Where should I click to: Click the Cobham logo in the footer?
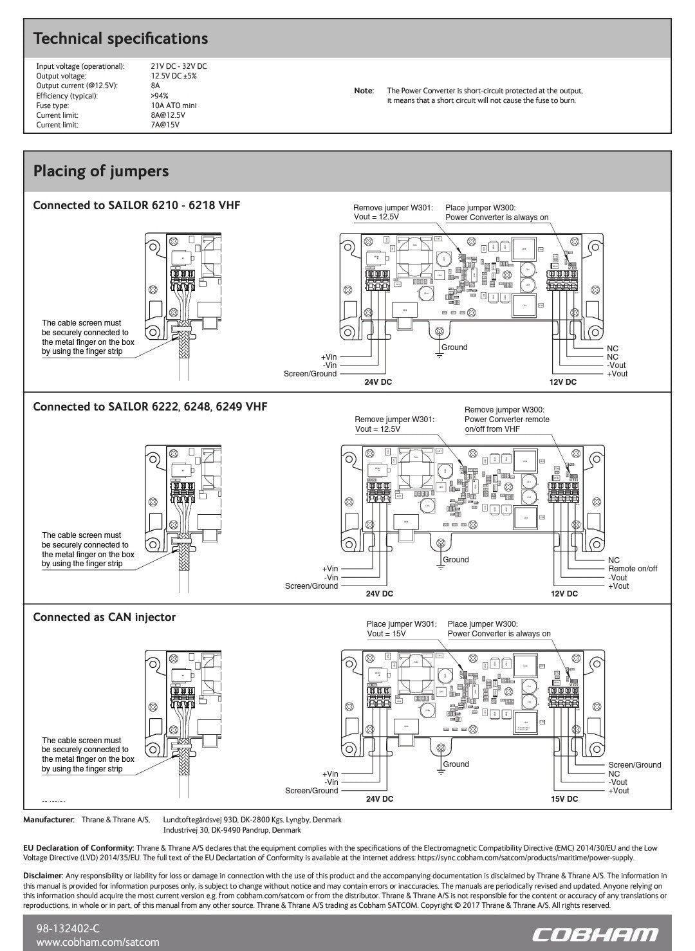(x=596, y=934)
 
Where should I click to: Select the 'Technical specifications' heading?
(x=120, y=39)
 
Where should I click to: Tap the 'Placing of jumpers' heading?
(x=101, y=171)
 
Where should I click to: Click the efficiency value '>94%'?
(x=160, y=96)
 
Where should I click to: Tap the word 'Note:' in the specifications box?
(x=364, y=91)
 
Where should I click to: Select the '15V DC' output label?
(x=564, y=799)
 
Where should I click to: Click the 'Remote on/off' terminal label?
(x=633, y=569)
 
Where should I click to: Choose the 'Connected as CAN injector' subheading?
(x=104, y=617)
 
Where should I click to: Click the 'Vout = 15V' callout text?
(x=387, y=634)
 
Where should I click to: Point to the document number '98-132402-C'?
(x=69, y=928)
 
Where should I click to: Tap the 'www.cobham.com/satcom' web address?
(x=98, y=942)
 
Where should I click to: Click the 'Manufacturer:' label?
(x=49, y=820)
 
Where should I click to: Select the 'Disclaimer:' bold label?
(x=43, y=876)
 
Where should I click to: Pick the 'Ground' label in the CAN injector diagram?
(x=456, y=764)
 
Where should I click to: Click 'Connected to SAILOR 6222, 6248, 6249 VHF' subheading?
(x=150, y=407)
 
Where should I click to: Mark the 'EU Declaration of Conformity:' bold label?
(x=79, y=848)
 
